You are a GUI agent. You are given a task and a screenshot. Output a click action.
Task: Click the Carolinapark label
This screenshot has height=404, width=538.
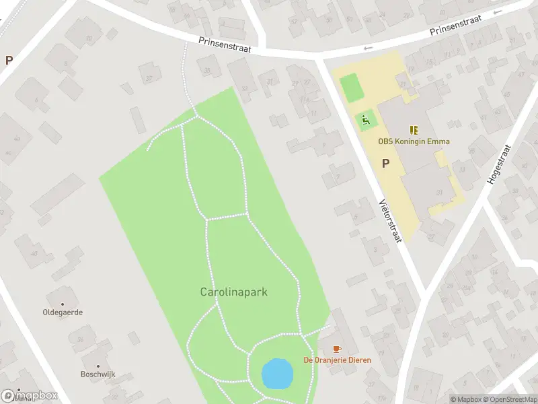(x=234, y=292)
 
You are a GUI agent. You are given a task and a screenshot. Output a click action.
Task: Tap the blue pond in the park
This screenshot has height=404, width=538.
(x=277, y=373)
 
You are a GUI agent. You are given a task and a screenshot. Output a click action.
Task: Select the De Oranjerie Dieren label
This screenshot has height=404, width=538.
(x=337, y=360)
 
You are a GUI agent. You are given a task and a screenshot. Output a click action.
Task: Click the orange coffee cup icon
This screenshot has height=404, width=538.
(x=338, y=349)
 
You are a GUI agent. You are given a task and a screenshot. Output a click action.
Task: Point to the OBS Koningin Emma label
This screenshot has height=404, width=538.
(x=414, y=141)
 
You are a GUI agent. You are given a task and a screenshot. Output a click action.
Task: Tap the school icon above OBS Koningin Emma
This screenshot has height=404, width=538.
(x=414, y=130)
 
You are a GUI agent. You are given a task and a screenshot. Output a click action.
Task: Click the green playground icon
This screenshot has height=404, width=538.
(x=365, y=121)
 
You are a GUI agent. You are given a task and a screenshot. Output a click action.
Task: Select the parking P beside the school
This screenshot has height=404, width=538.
(x=386, y=163)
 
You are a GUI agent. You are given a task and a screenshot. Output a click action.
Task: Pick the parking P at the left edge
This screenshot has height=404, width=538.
(x=9, y=60)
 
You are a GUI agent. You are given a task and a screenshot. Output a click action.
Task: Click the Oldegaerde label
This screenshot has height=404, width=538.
(x=63, y=313)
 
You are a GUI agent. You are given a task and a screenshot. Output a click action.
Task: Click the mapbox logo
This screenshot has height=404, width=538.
(x=29, y=396)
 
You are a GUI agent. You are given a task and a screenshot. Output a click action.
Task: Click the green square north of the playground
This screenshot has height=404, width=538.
(x=350, y=88)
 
